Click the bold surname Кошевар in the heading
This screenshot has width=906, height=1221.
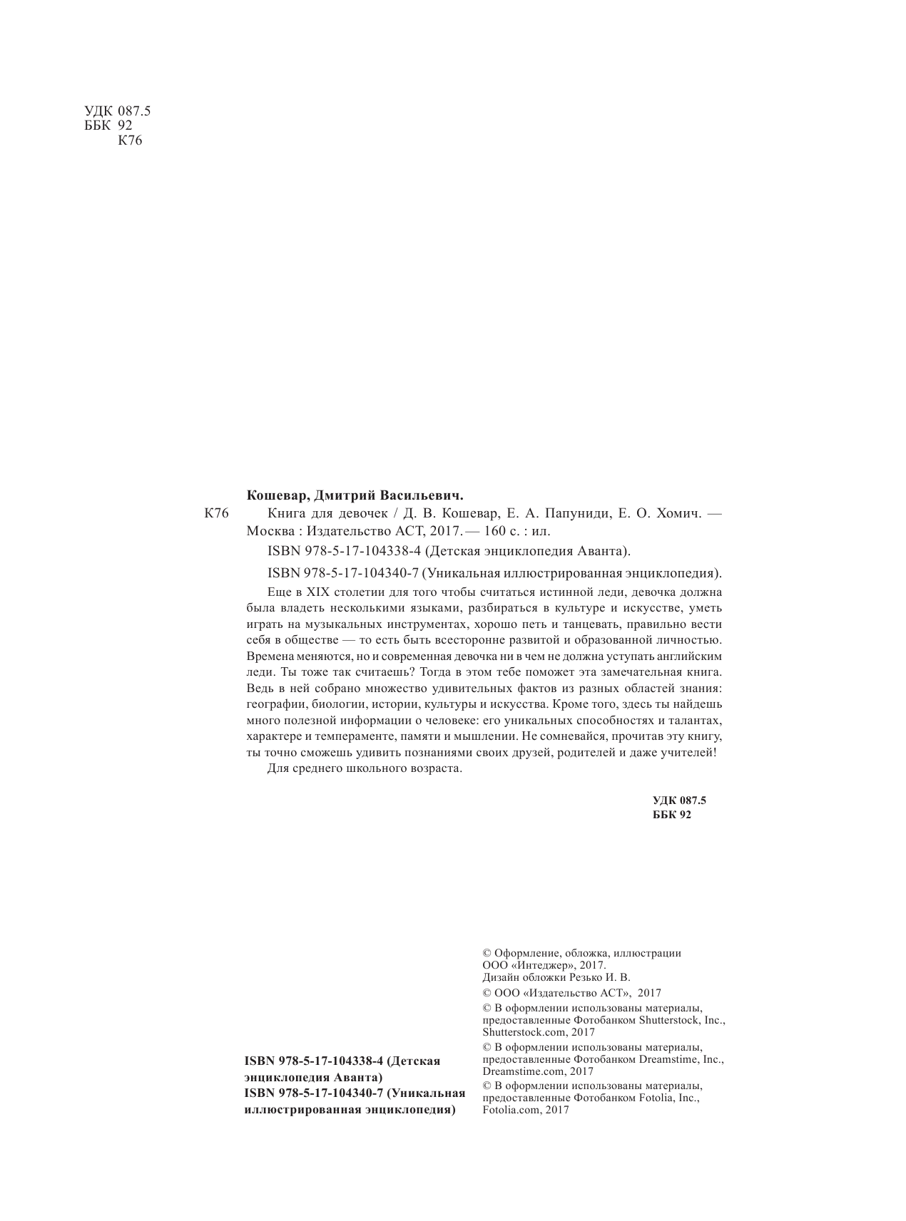[x=273, y=494]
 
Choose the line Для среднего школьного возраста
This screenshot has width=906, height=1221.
[x=365, y=769]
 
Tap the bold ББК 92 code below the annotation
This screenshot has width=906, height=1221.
[x=671, y=815]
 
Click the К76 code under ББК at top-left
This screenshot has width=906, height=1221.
[x=130, y=140]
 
